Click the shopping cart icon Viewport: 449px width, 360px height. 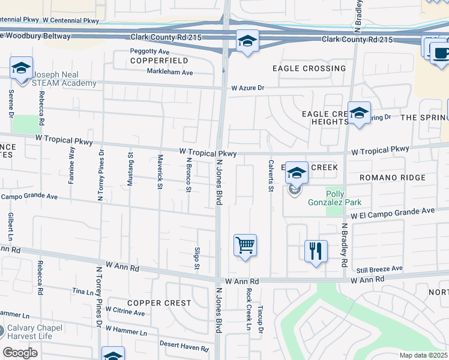pos(245,245)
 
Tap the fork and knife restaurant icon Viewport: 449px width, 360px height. pos(316,250)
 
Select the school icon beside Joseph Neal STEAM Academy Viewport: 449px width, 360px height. pos(21,68)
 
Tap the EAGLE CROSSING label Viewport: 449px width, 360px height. pos(309,68)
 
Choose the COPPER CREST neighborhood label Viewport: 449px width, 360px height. pos(158,303)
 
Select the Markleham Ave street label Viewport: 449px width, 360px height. pos(170,72)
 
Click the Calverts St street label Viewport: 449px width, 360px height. pos(271,176)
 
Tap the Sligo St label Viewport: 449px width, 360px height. pos(197,258)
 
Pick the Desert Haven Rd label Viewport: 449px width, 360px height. pos(184,346)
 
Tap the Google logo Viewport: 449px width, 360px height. pos(20,353)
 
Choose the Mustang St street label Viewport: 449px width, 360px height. pos(130,170)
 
